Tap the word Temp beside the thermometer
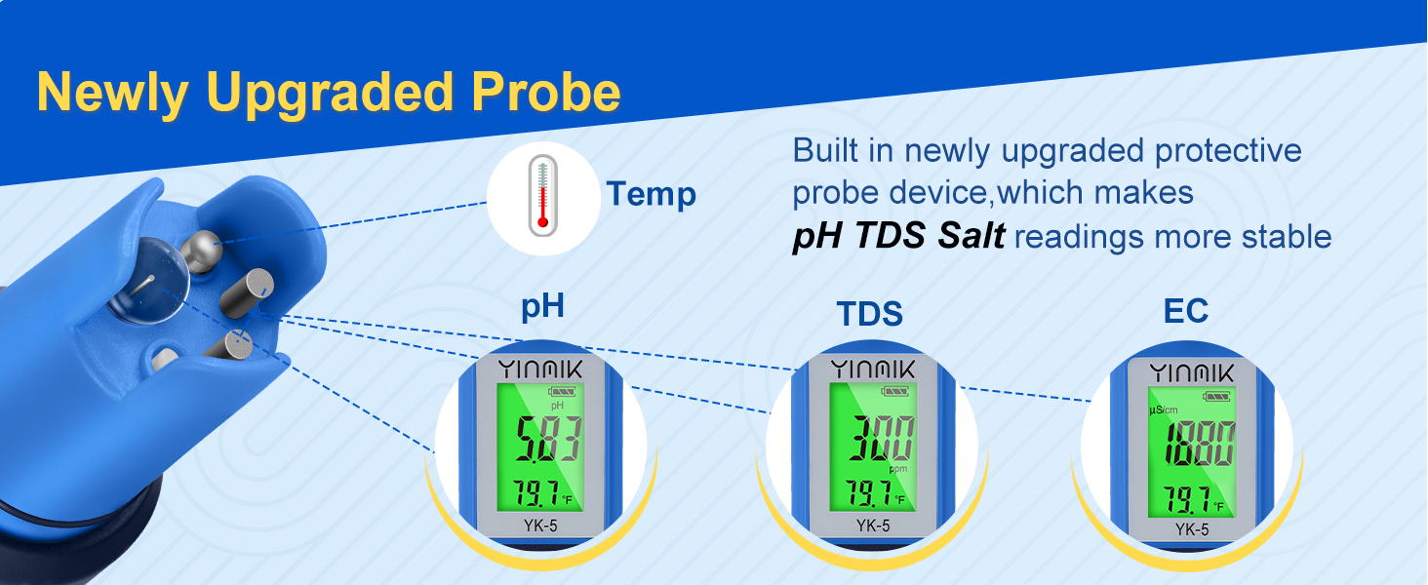click(x=651, y=194)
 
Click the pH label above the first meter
click(x=542, y=306)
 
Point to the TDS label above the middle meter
click(x=869, y=314)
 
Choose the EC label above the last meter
click(x=1185, y=311)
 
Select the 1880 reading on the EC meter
click(x=1190, y=444)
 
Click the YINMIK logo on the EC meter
click(x=1190, y=372)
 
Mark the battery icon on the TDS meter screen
click(x=894, y=392)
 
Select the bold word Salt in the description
click(x=965, y=236)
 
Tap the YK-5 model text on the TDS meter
click(x=872, y=526)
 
